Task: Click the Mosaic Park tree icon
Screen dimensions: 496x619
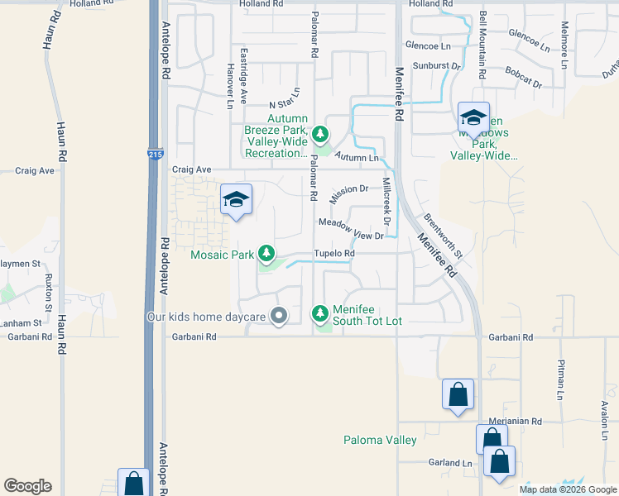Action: tap(266, 252)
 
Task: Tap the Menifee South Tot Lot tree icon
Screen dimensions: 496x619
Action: tap(320, 313)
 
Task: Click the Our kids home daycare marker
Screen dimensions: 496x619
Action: tap(280, 315)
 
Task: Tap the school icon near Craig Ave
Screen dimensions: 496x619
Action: tap(236, 200)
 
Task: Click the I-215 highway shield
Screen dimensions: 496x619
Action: tap(156, 154)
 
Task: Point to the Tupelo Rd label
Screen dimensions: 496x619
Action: tap(333, 253)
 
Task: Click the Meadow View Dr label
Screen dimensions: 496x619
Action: tap(351, 228)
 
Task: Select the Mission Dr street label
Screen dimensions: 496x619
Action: tap(348, 194)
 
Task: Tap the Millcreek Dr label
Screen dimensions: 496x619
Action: tap(386, 202)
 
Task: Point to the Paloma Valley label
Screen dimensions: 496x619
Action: tap(381, 440)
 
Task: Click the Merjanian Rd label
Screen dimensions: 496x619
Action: tap(513, 422)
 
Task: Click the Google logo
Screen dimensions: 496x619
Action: tap(27, 486)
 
